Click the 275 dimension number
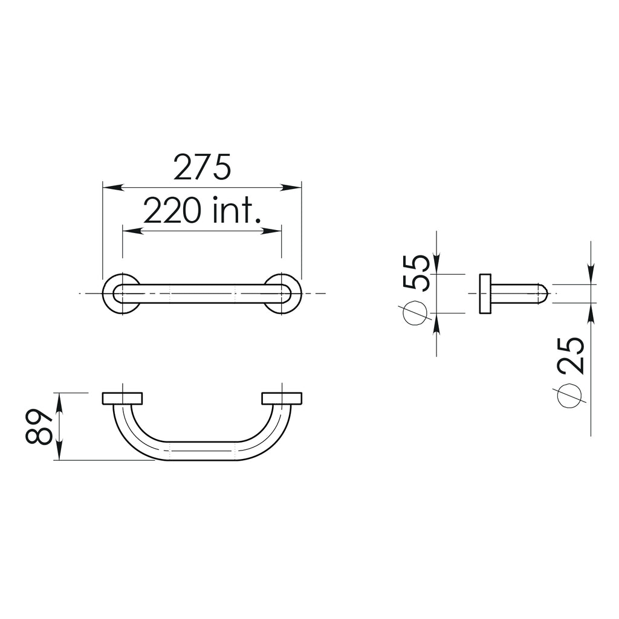[x=202, y=167]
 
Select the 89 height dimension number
[x=40, y=427]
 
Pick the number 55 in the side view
[x=416, y=273]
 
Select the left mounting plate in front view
[x=122, y=399]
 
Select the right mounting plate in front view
[x=282, y=399]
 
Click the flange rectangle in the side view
[x=485, y=294]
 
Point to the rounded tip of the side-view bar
[x=544, y=294]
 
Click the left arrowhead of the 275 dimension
[x=109, y=187]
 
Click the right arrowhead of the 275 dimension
[x=295, y=187]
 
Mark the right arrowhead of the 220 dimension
[x=275, y=231]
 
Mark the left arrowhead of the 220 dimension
[x=129, y=231]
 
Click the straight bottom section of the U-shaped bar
[x=202, y=451]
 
